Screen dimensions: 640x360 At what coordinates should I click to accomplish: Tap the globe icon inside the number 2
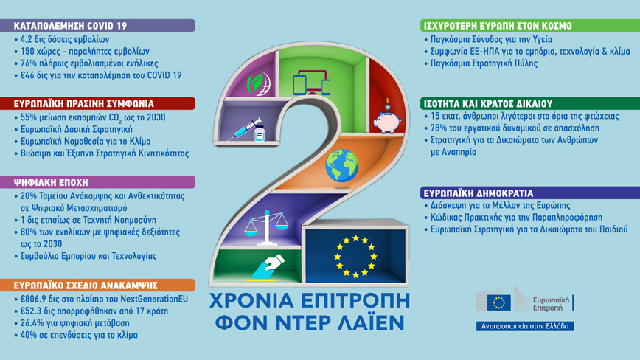pyautogui.click(x=342, y=165)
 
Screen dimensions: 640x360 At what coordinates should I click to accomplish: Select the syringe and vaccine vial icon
pyautogui.click(x=247, y=130)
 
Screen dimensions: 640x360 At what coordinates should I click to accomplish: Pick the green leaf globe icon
pyautogui.click(x=258, y=83)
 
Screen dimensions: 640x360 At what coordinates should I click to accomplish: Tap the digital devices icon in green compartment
pyautogui.click(x=312, y=83)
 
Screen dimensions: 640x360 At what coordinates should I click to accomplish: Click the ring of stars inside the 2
pyautogui.click(x=355, y=256)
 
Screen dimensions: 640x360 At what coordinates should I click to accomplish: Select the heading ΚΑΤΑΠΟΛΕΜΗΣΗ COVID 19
pyautogui.click(x=70, y=26)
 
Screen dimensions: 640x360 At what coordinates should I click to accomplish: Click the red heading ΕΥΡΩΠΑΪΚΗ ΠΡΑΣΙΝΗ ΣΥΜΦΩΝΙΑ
pyautogui.click(x=83, y=104)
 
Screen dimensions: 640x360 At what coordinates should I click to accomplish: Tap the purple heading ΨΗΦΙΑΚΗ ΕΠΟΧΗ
pyautogui.click(x=51, y=182)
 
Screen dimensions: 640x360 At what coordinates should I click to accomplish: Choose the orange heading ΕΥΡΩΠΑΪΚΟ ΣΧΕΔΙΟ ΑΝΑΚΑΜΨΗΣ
pyautogui.click(x=86, y=285)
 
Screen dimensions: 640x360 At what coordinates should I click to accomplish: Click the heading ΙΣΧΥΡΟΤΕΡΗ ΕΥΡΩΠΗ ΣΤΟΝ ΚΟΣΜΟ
pyautogui.click(x=498, y=26)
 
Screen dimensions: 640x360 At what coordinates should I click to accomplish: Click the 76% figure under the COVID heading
pyautogui.click(x=29, y=63)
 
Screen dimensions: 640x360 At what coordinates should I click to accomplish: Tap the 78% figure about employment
pyautogui.click(x=439, y=128)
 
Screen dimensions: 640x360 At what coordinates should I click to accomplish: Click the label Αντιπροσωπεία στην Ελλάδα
pyautogui.click(x=525, y=326)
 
